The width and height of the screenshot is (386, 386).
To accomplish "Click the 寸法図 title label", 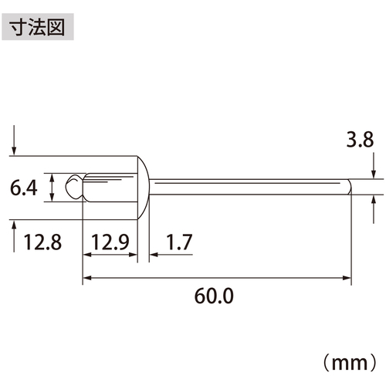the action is (x=38, y=27).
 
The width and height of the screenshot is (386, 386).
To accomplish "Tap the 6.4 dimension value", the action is (x=24, y=188).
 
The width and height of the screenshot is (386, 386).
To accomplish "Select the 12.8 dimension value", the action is (x=42, y=242).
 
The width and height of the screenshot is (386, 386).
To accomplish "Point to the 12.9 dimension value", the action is (x=110, y=242).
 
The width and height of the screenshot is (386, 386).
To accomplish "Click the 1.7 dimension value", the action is (x=179, y=242).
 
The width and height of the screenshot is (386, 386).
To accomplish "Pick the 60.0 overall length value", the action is (x=214, y=296).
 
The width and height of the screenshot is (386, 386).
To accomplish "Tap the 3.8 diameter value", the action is (x=360, y=140).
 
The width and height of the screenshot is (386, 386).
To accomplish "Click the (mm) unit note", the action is (x=350, y=363).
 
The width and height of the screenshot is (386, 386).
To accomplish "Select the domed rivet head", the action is (x=144, y=188).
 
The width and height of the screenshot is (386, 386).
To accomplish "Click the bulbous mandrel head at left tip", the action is (x=74, y=187).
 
